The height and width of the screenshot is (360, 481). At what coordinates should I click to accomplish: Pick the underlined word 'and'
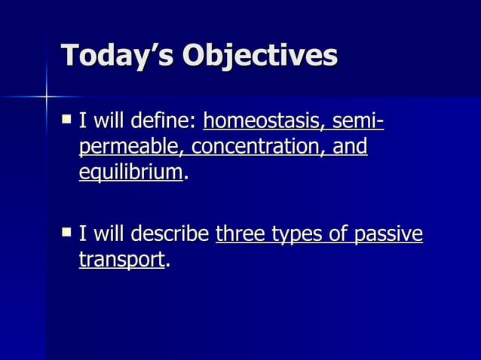pos(350,146)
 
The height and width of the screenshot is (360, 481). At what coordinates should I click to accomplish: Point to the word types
pos(296,236)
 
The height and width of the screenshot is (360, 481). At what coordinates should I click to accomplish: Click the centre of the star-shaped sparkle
pos(45,96)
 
